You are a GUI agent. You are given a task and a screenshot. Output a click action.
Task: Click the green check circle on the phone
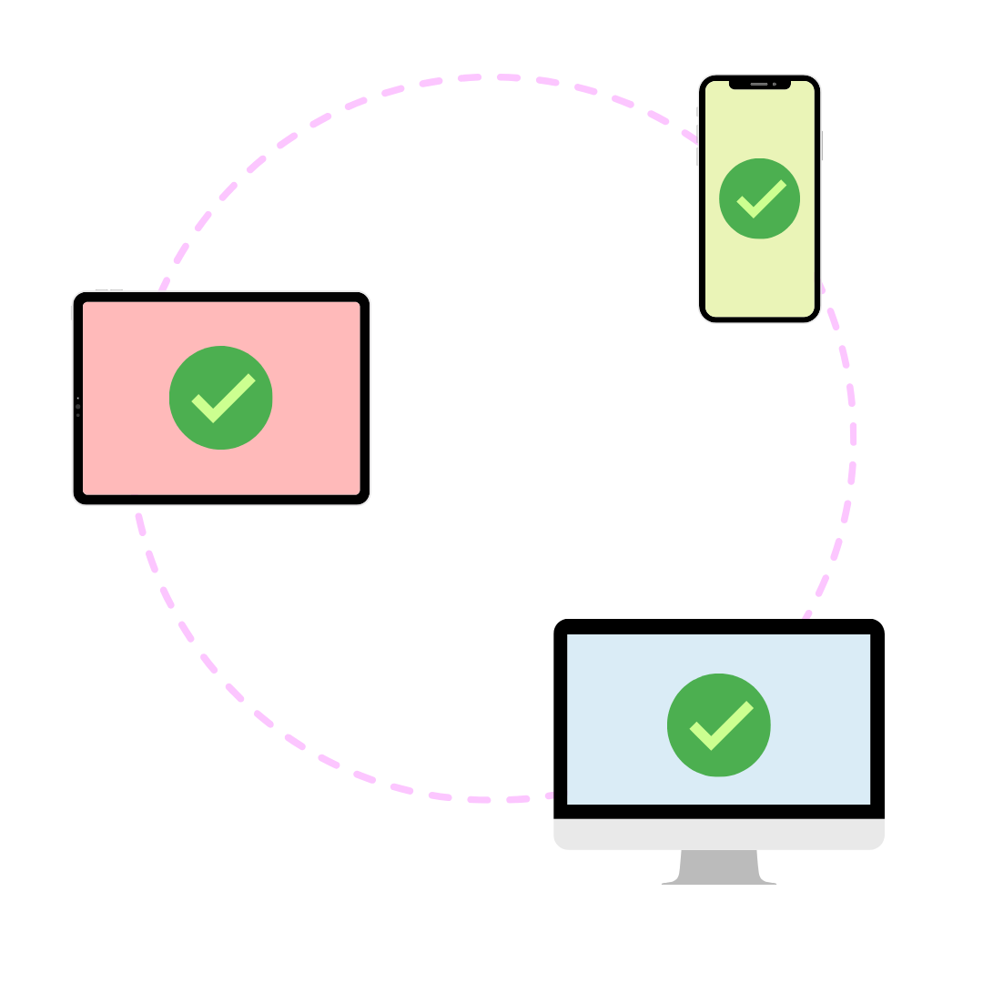point(759,198)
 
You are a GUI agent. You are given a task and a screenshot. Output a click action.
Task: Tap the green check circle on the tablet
point(221,398)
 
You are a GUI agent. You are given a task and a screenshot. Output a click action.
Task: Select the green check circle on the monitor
point(719,725)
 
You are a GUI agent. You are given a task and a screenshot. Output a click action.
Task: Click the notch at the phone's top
point(759,85)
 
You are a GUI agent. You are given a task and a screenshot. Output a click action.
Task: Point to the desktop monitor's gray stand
point(719,866)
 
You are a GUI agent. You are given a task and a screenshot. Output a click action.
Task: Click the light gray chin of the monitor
point(719,834)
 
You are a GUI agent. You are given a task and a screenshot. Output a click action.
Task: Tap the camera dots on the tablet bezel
point(77,407)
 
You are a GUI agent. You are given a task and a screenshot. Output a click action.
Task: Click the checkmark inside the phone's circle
point(760,199)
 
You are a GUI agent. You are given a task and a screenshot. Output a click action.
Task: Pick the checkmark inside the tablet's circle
point(222,400)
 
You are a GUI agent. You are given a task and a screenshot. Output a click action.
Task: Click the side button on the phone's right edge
point(822,146)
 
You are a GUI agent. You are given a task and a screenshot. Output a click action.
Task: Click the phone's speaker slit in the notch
point(758,84)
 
